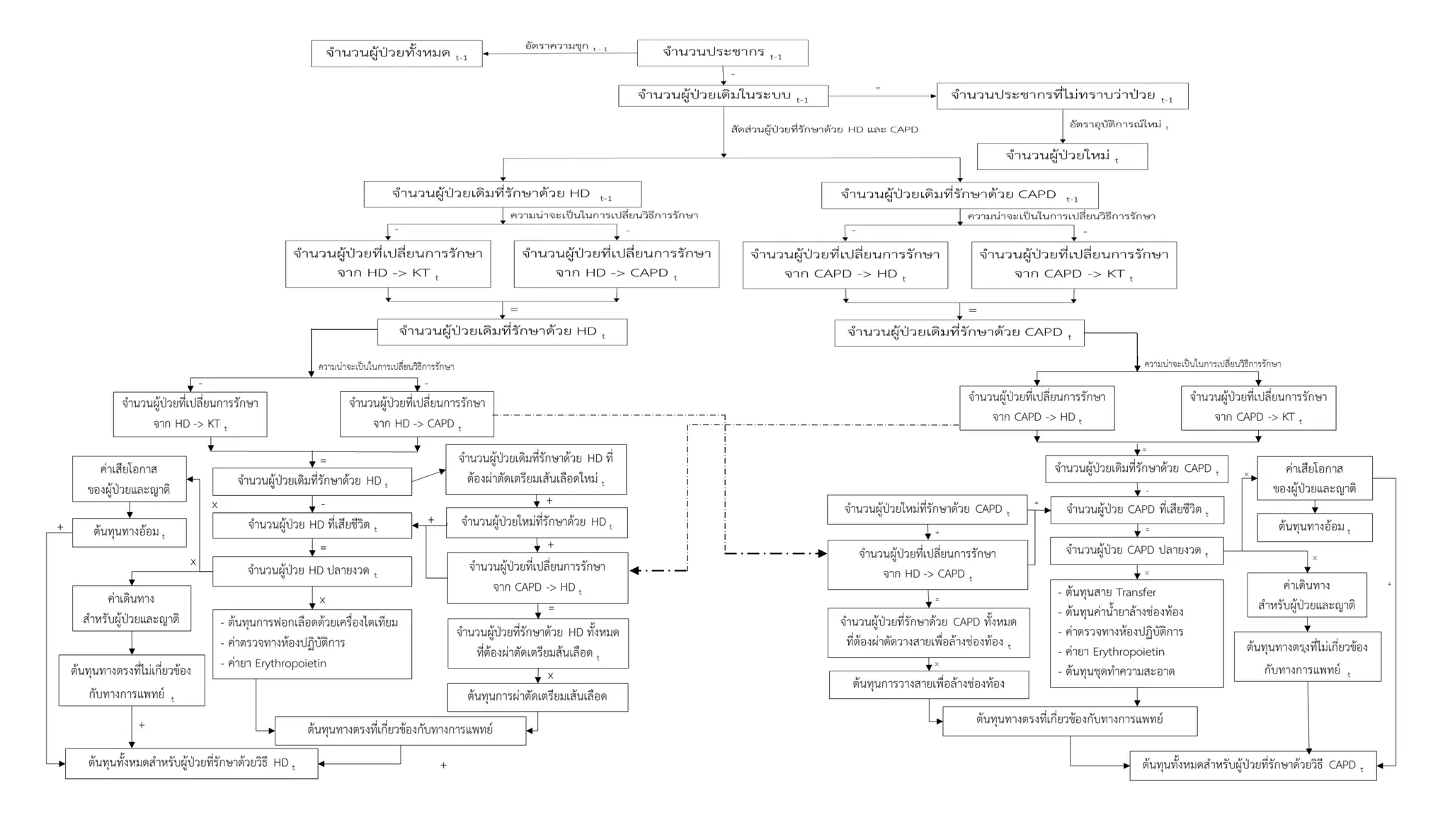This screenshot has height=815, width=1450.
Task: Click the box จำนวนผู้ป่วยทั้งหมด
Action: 396,54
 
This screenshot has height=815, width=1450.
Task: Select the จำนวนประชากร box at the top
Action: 722,53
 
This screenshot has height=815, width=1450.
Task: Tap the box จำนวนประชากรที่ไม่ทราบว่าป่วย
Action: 1062,96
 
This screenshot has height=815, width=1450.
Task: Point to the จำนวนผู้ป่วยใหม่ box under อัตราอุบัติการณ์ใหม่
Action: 1062,156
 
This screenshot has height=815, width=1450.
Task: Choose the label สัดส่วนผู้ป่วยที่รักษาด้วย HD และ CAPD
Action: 824,129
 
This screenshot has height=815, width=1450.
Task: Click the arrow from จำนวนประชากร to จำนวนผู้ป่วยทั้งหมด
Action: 559,54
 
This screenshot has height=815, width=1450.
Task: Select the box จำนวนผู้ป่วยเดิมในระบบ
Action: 723,96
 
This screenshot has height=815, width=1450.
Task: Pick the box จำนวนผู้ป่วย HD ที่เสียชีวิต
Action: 312,526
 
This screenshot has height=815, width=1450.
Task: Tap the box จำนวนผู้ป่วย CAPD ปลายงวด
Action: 1136,550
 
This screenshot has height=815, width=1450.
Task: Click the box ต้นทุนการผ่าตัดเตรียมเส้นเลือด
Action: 537,697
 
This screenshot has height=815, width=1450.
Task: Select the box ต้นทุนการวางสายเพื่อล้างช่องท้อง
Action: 929,684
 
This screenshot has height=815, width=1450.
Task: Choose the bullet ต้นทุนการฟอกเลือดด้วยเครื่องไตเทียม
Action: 312,623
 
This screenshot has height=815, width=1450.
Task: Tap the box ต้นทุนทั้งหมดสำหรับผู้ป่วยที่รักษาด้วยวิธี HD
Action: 191,763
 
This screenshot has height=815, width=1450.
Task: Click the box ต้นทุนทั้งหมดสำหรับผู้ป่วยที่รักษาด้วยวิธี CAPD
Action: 1252,765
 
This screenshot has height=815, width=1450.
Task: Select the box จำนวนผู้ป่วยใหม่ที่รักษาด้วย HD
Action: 537,523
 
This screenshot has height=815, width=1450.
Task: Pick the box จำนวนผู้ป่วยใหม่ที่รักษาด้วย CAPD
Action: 927,509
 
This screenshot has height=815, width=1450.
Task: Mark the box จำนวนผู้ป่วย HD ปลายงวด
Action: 312,571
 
